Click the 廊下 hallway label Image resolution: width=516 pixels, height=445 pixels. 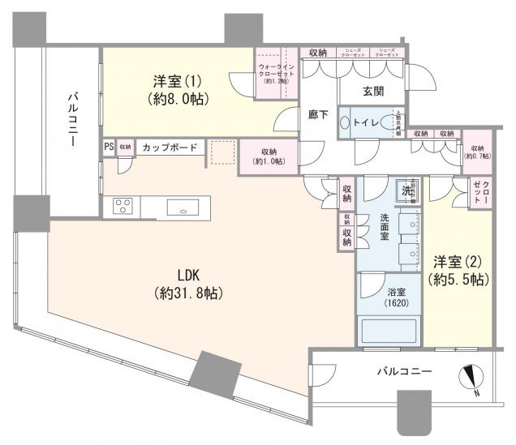(318, 114)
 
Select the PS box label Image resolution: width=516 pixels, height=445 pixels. (109, 148)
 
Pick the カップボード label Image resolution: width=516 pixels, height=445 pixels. (168, 148)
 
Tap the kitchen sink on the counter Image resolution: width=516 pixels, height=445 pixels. (185, 207)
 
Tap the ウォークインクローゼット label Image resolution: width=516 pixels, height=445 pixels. (277, 73)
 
